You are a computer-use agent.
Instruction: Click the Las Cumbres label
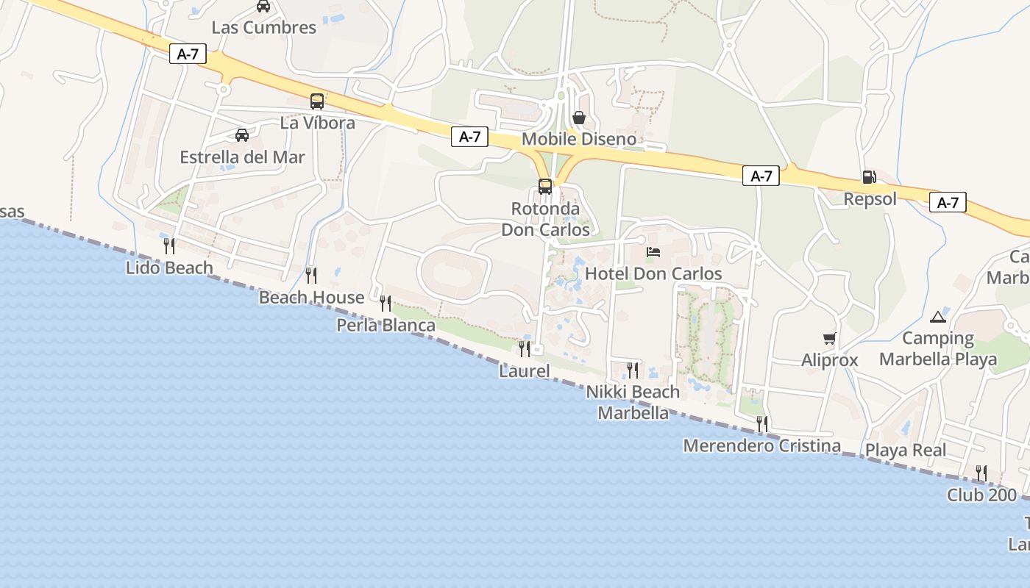[263, 28]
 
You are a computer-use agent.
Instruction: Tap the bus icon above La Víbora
[317, 101]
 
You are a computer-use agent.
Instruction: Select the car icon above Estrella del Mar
[242, 135]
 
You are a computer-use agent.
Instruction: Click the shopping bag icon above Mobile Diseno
[579, 118]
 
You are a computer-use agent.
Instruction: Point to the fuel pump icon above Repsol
[869, 176]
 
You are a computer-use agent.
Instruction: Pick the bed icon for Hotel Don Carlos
[653, 252]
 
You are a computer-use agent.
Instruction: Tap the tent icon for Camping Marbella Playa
[937, 317]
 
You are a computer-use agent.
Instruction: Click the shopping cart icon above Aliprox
[829, 338]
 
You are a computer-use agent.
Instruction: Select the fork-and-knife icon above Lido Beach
[169, 245]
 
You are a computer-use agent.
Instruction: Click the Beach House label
[311, 298]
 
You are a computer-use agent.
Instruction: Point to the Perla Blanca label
[386, 325]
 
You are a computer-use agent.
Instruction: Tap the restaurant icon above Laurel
[525, 348]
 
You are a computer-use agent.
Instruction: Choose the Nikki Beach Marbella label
[633, 402]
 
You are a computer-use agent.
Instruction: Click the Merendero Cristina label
[761, 445]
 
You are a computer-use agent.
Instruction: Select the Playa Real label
[906, 450]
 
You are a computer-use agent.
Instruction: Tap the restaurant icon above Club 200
[981, 473]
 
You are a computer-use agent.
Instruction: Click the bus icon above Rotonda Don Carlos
[544, 187]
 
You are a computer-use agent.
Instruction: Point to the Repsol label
[870, 199]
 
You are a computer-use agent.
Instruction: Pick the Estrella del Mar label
[242, 157]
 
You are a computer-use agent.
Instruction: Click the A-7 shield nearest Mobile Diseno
[469, 136]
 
